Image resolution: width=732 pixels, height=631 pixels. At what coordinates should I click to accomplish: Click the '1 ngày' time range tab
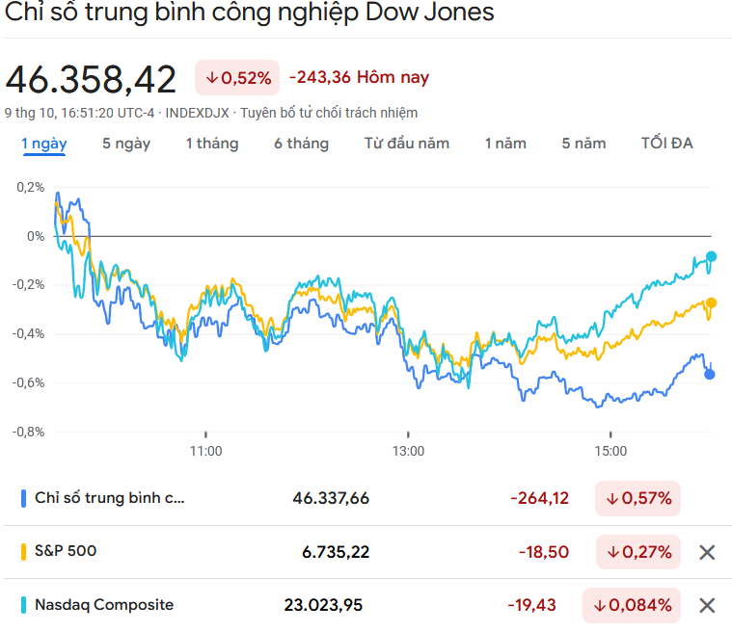coord(44,144)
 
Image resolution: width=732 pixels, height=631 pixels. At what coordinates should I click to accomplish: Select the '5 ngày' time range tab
coord(126,144)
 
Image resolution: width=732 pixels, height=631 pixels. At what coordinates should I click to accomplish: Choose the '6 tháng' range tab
coord(301,144)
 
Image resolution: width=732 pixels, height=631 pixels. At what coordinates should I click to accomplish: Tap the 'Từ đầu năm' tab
coord(406,144)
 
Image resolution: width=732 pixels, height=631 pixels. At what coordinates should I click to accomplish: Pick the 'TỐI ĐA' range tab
coord(666,144)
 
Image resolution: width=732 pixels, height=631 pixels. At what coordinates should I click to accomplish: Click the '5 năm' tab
coord(583,144)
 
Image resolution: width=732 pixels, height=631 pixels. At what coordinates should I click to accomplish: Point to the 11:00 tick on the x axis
coord(205,450)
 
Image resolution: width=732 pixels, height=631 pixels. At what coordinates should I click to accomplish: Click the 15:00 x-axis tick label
coord(610,450)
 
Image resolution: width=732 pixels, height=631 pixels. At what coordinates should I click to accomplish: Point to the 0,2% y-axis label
coord(30,187)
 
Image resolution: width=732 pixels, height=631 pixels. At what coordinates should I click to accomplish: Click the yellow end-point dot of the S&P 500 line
coord(711,302)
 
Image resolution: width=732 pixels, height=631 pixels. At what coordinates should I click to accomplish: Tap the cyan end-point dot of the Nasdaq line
coord(712,256)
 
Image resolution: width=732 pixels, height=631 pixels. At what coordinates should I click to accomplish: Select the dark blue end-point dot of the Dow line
coord(711,374)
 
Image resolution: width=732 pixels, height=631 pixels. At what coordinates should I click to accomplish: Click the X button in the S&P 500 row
coord(707,552)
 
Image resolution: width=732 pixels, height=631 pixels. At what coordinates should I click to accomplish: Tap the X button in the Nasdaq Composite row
coord(707,605)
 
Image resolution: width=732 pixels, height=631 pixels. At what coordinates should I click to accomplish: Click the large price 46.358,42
coord(92,79)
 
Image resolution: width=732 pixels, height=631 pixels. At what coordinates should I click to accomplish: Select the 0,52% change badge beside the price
coord(237,78)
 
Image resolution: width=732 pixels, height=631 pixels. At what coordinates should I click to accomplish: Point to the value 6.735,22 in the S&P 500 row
coord(336,552)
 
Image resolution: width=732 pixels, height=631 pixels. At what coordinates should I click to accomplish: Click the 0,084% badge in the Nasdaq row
coord(632,605)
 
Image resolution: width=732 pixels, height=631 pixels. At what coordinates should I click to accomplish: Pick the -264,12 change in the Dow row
coord(539,498)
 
